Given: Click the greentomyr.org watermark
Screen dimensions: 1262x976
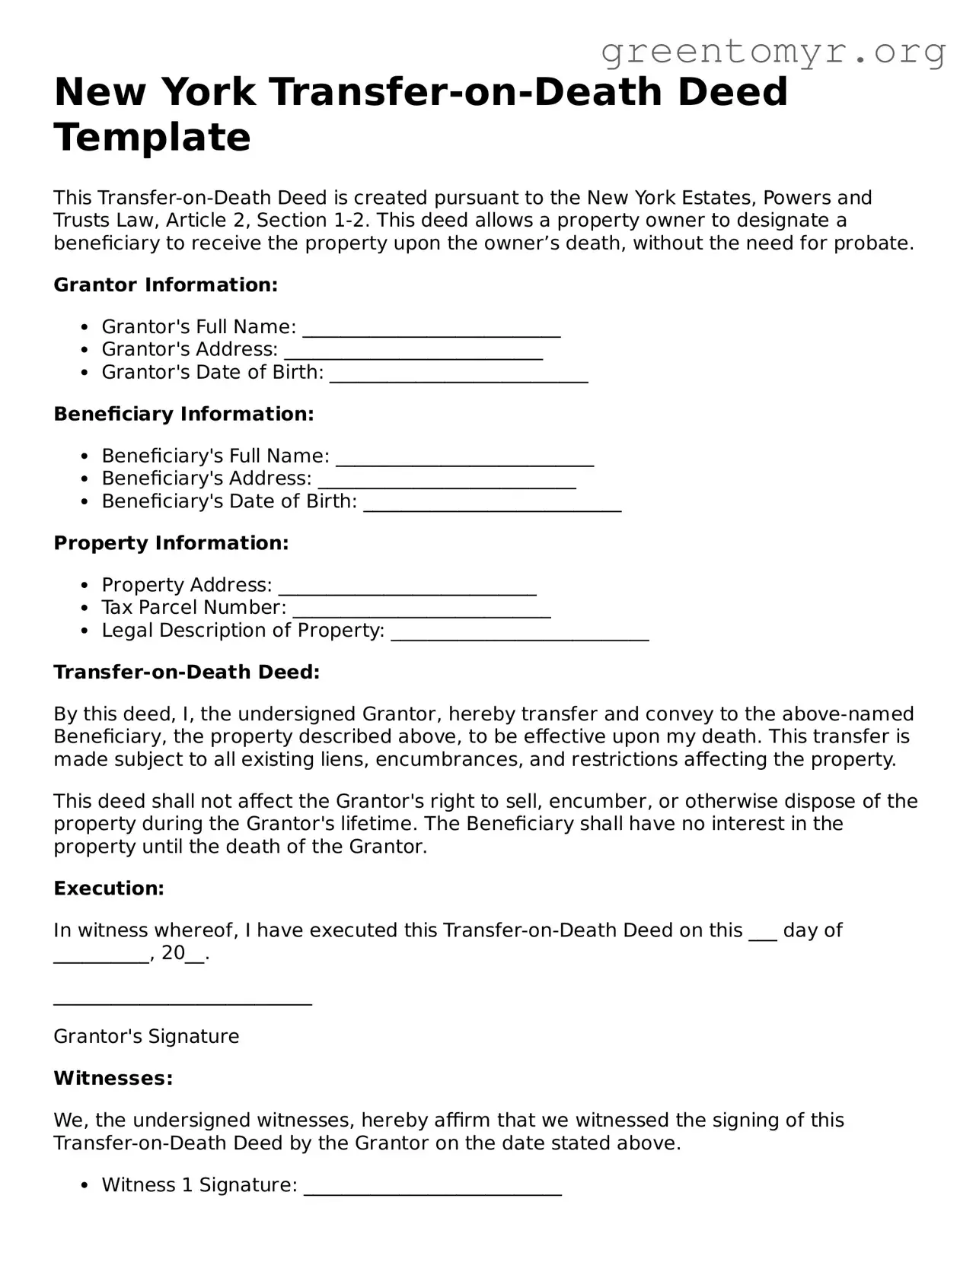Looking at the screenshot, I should coord(773,52).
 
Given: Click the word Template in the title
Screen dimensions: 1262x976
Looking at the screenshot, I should coord(152,138).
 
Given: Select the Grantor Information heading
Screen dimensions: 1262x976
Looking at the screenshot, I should coord(165,285).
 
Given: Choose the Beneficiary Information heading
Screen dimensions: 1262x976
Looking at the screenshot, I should coord(183,415).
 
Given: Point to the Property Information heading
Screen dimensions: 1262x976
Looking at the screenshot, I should coord(171,543).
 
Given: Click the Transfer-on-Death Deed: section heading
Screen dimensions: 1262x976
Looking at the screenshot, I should coord(187,672).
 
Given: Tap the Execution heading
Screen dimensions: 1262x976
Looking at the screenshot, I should coord(109,888).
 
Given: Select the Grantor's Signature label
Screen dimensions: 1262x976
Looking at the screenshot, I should coord(146,1037).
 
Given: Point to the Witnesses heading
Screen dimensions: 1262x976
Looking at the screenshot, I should coord(113,1079).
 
